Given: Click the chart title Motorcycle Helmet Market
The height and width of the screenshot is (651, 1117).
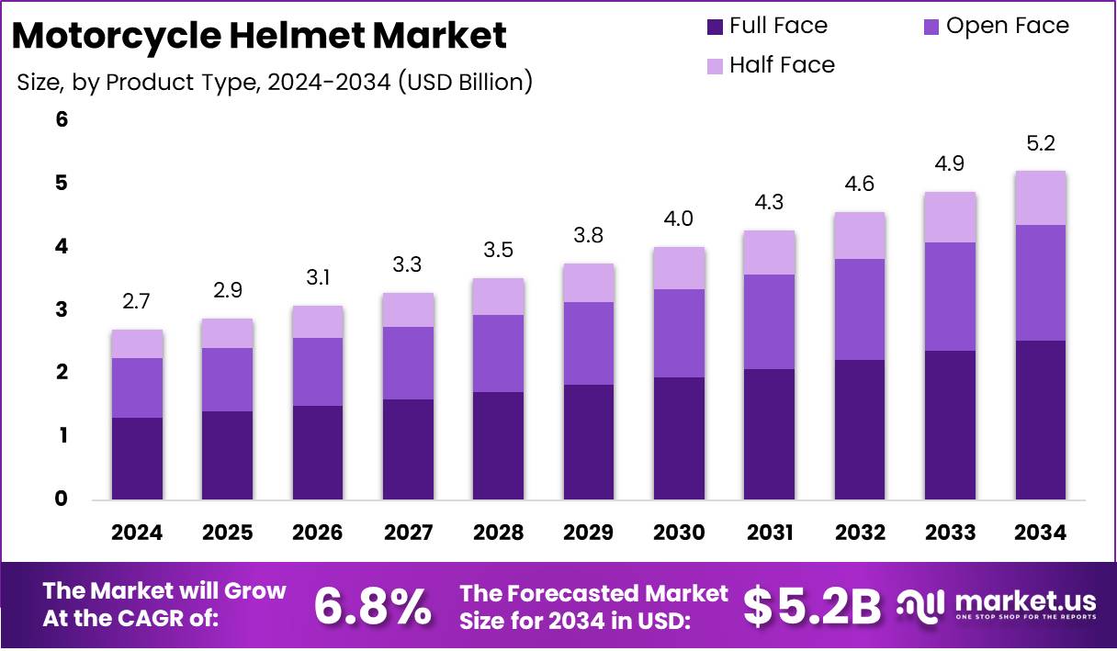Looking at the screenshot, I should (x=259, y=37).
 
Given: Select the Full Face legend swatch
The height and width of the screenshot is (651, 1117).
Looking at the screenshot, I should (x=715, y=27).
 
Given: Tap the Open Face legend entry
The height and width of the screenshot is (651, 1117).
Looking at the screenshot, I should (x=996, y=27).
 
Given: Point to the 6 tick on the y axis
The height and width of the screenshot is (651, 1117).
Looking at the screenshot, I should (x=62, y=120).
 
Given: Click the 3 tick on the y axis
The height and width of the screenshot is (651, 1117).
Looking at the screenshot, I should (x=62, y=309).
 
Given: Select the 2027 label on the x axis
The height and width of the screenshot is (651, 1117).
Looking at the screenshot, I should (x=408, y=533).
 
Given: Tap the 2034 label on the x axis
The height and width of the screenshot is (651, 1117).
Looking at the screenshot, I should (x=1040, y=533).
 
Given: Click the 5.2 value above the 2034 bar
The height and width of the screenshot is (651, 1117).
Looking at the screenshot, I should (x=1040, y=144).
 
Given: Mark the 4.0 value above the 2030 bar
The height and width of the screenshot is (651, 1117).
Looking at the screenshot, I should (x=679, y=219).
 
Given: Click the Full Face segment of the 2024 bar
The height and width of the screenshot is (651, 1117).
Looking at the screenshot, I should (x=137, y=458).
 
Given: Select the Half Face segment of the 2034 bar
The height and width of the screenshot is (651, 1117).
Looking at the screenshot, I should (x=1040, y=197).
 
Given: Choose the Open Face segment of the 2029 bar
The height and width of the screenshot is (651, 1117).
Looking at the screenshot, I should (x=589, y=342).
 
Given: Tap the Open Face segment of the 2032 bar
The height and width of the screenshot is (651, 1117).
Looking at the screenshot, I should (x=860, y=309).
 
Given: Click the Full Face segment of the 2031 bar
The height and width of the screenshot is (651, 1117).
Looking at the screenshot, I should (x=769, y=433).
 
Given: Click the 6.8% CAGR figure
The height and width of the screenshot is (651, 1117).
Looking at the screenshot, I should (x=372, y=606).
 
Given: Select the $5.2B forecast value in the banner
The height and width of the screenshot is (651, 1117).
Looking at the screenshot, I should (x=811, y=606).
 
